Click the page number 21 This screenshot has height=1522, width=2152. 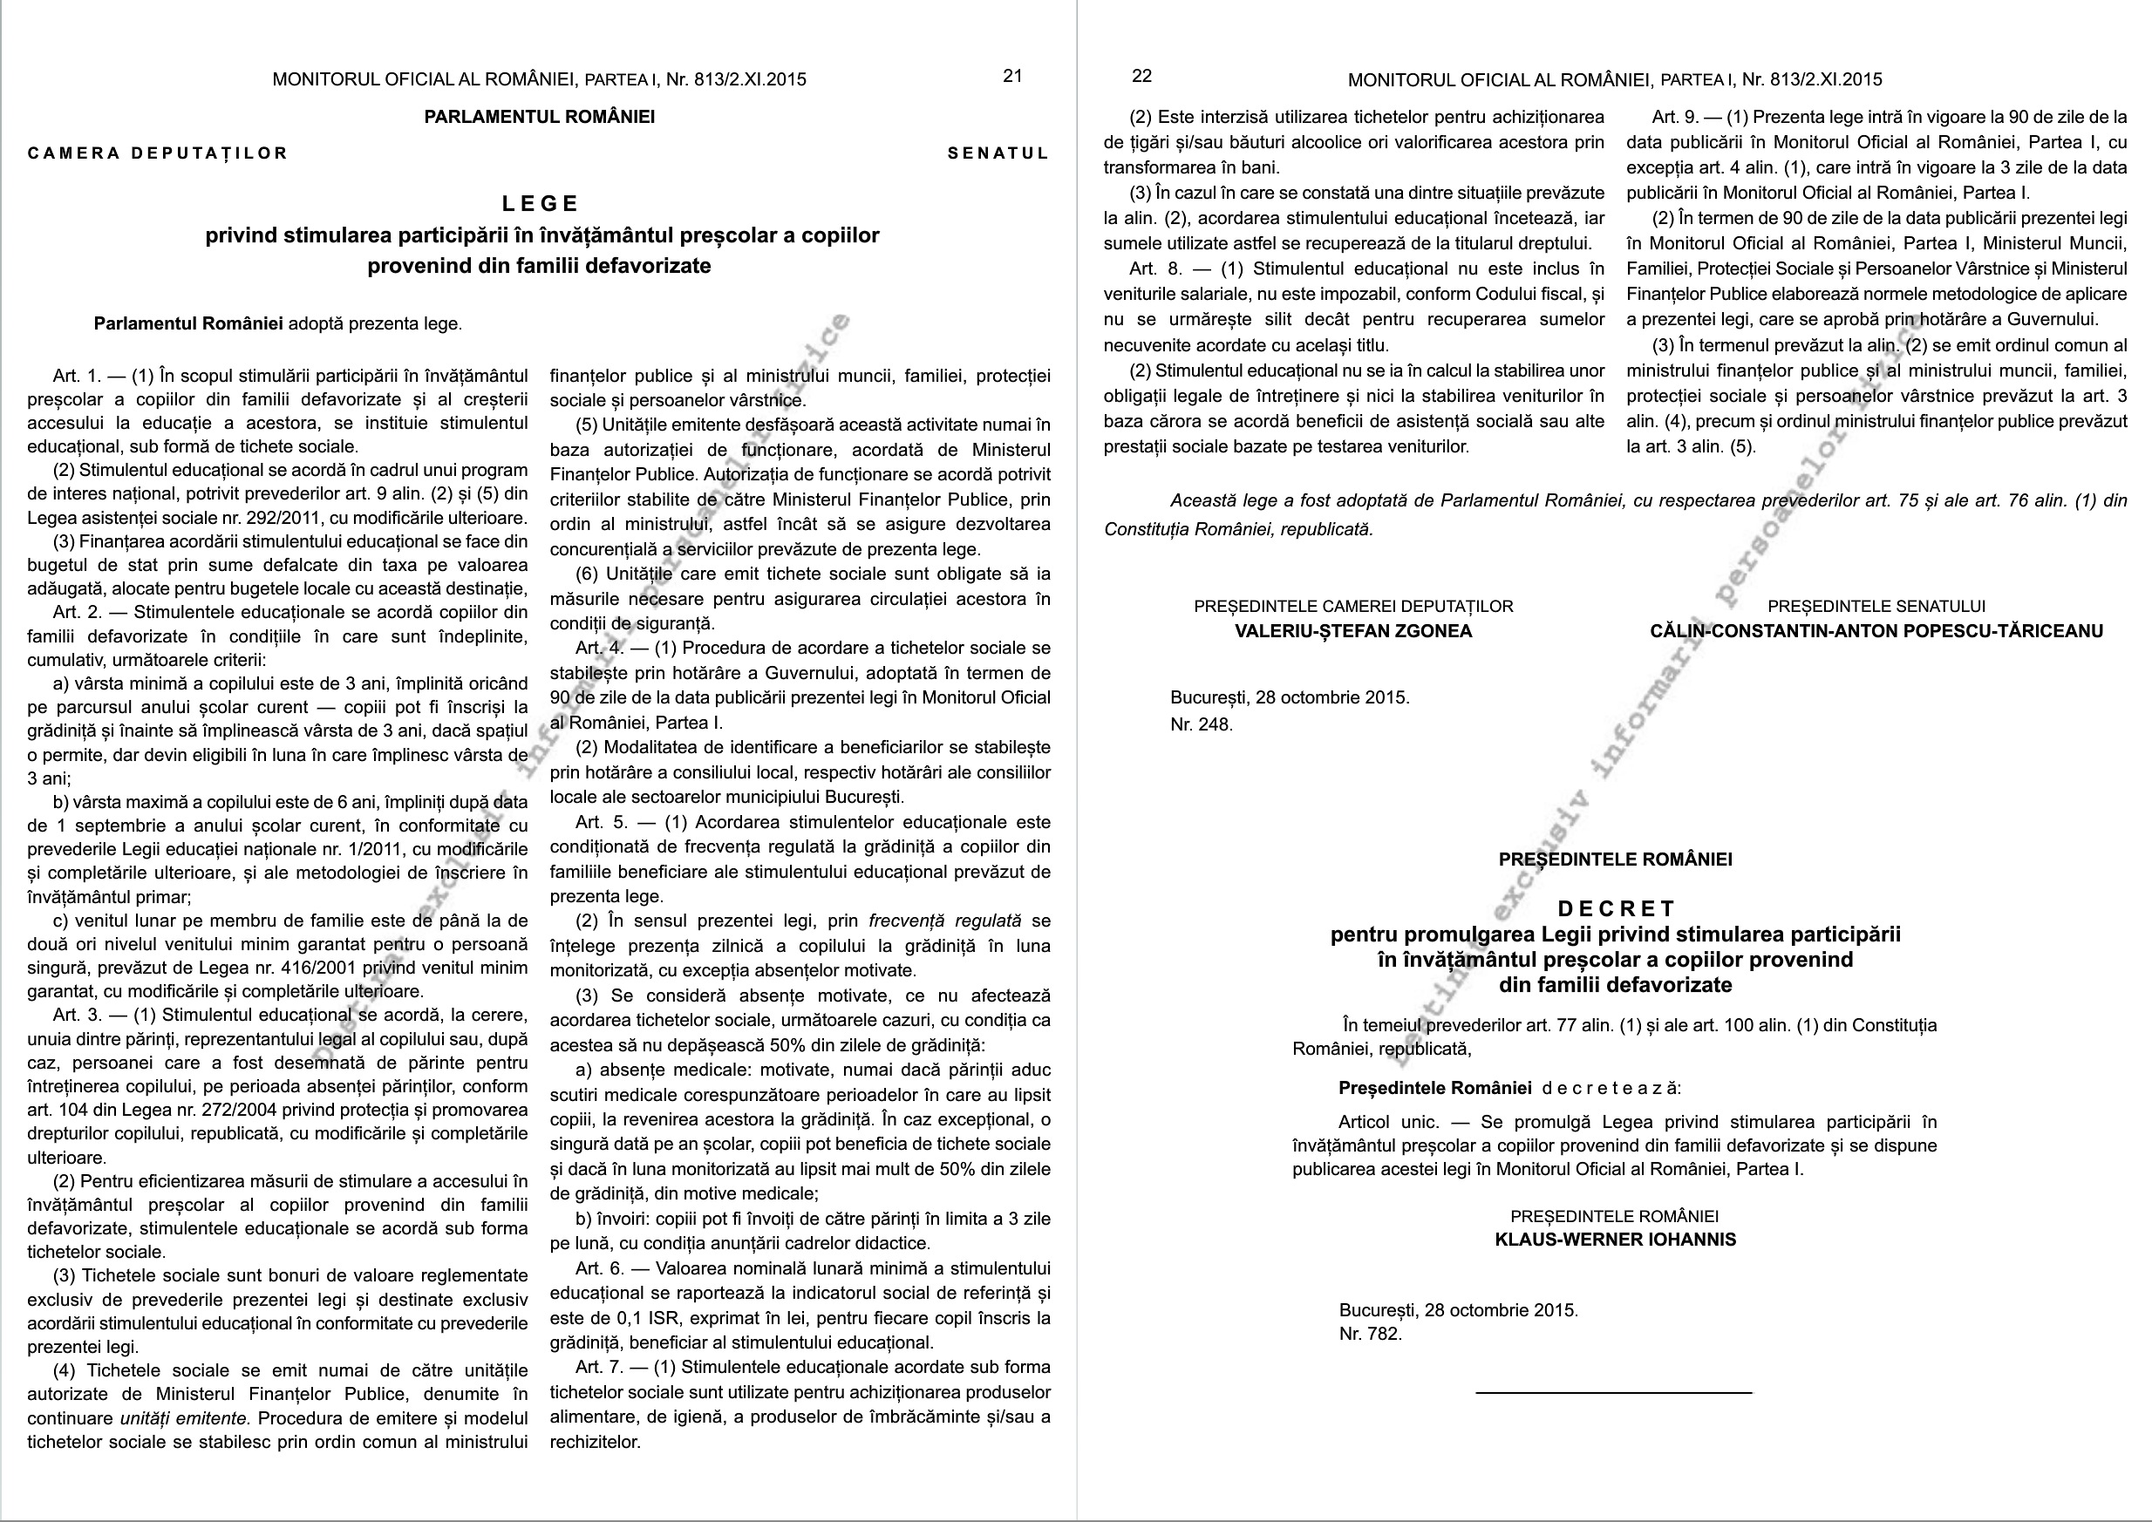coord(1012,76)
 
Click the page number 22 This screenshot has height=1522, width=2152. coord(1141,76)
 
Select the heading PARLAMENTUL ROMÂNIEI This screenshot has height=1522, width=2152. coord(539,117)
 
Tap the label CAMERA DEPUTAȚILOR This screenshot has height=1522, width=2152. coord(158,153)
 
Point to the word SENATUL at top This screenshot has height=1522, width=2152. coord(998,153)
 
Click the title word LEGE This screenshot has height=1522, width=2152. coord(541,203)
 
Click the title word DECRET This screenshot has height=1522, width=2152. coord(1616,908)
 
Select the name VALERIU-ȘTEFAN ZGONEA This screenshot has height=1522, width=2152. coord(1352,631)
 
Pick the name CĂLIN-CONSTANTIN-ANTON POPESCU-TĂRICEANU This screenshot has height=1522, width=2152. coord(1876,631)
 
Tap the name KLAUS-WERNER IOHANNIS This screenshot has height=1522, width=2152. coord(1615,1239)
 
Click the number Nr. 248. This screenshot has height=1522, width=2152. coord(1202,724)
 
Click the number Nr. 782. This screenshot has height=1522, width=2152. coord(1371,1334)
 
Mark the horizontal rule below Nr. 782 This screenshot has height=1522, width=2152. coord(1613,1394)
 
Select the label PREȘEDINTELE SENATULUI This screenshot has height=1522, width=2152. coord(1876,607)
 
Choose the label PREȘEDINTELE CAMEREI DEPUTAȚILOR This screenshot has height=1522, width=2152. coord(1352,607)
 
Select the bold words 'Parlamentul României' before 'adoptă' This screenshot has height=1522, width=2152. coord(188,324)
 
